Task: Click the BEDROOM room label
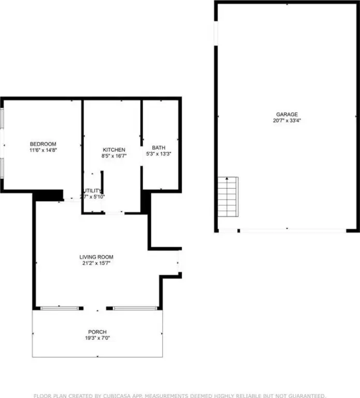[43, 144]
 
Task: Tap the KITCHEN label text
[114, 150]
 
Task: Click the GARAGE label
[286, 115]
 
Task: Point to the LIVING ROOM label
[96, 257]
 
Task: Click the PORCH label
[97, 332]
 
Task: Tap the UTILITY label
[94, 191]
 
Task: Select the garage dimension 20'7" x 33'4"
[286, 120]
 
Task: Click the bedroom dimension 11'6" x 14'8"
[43, 150]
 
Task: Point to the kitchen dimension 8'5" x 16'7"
[114, 155]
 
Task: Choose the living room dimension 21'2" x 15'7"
[96, 263]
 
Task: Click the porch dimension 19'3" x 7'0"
[97, 338]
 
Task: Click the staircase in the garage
[227, 197]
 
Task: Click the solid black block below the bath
[146, 202]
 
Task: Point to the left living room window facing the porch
[62, 308]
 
